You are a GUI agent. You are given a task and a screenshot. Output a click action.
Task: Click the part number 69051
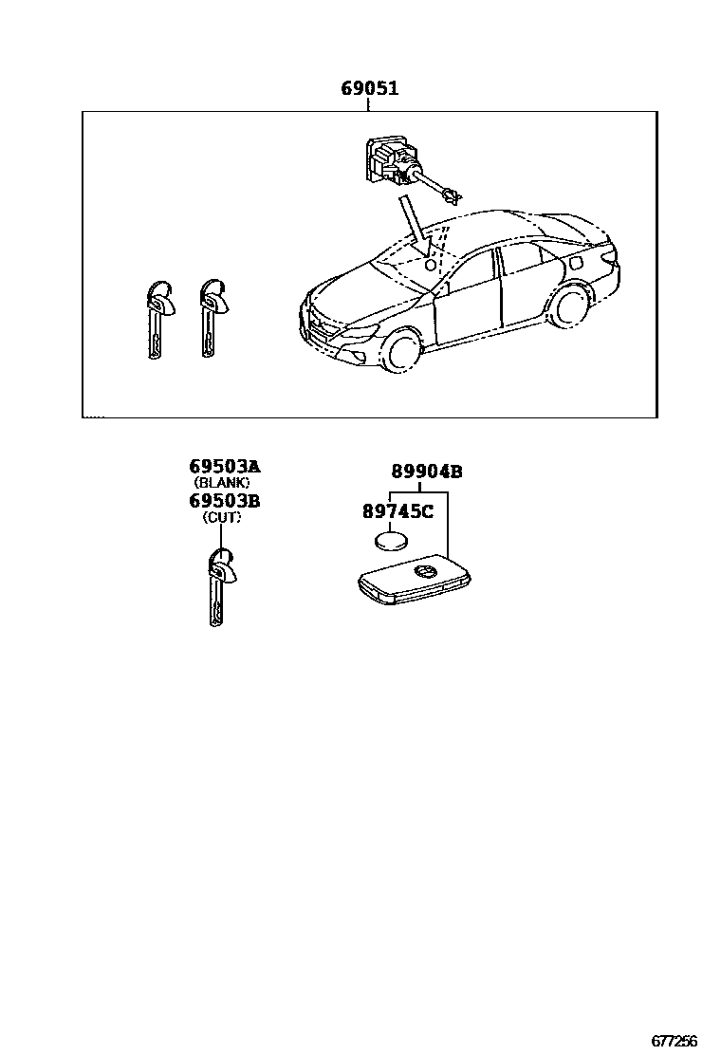click(369, 90)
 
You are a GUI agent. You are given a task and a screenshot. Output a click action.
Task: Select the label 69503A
click(224, 467)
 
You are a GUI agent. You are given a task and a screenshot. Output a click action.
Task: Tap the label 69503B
click(224, 501)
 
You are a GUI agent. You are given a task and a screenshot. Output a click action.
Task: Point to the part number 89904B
click(428, 472)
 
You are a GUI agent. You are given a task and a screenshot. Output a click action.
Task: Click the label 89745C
click(397, 512)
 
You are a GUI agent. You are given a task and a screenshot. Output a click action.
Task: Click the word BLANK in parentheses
click(221, 483)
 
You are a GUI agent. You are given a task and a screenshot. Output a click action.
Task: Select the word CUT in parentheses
click(221, 517)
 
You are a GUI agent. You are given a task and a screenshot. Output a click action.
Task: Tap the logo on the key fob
click(423, 571)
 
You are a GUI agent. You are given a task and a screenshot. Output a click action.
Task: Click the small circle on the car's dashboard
click(430, 267)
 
